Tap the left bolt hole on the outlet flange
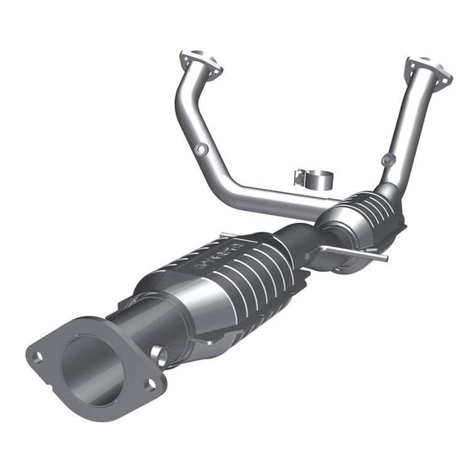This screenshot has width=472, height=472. point(37,355)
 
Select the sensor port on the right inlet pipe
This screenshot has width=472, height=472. point(389,160)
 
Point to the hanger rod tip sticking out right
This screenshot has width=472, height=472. point(382,259)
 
